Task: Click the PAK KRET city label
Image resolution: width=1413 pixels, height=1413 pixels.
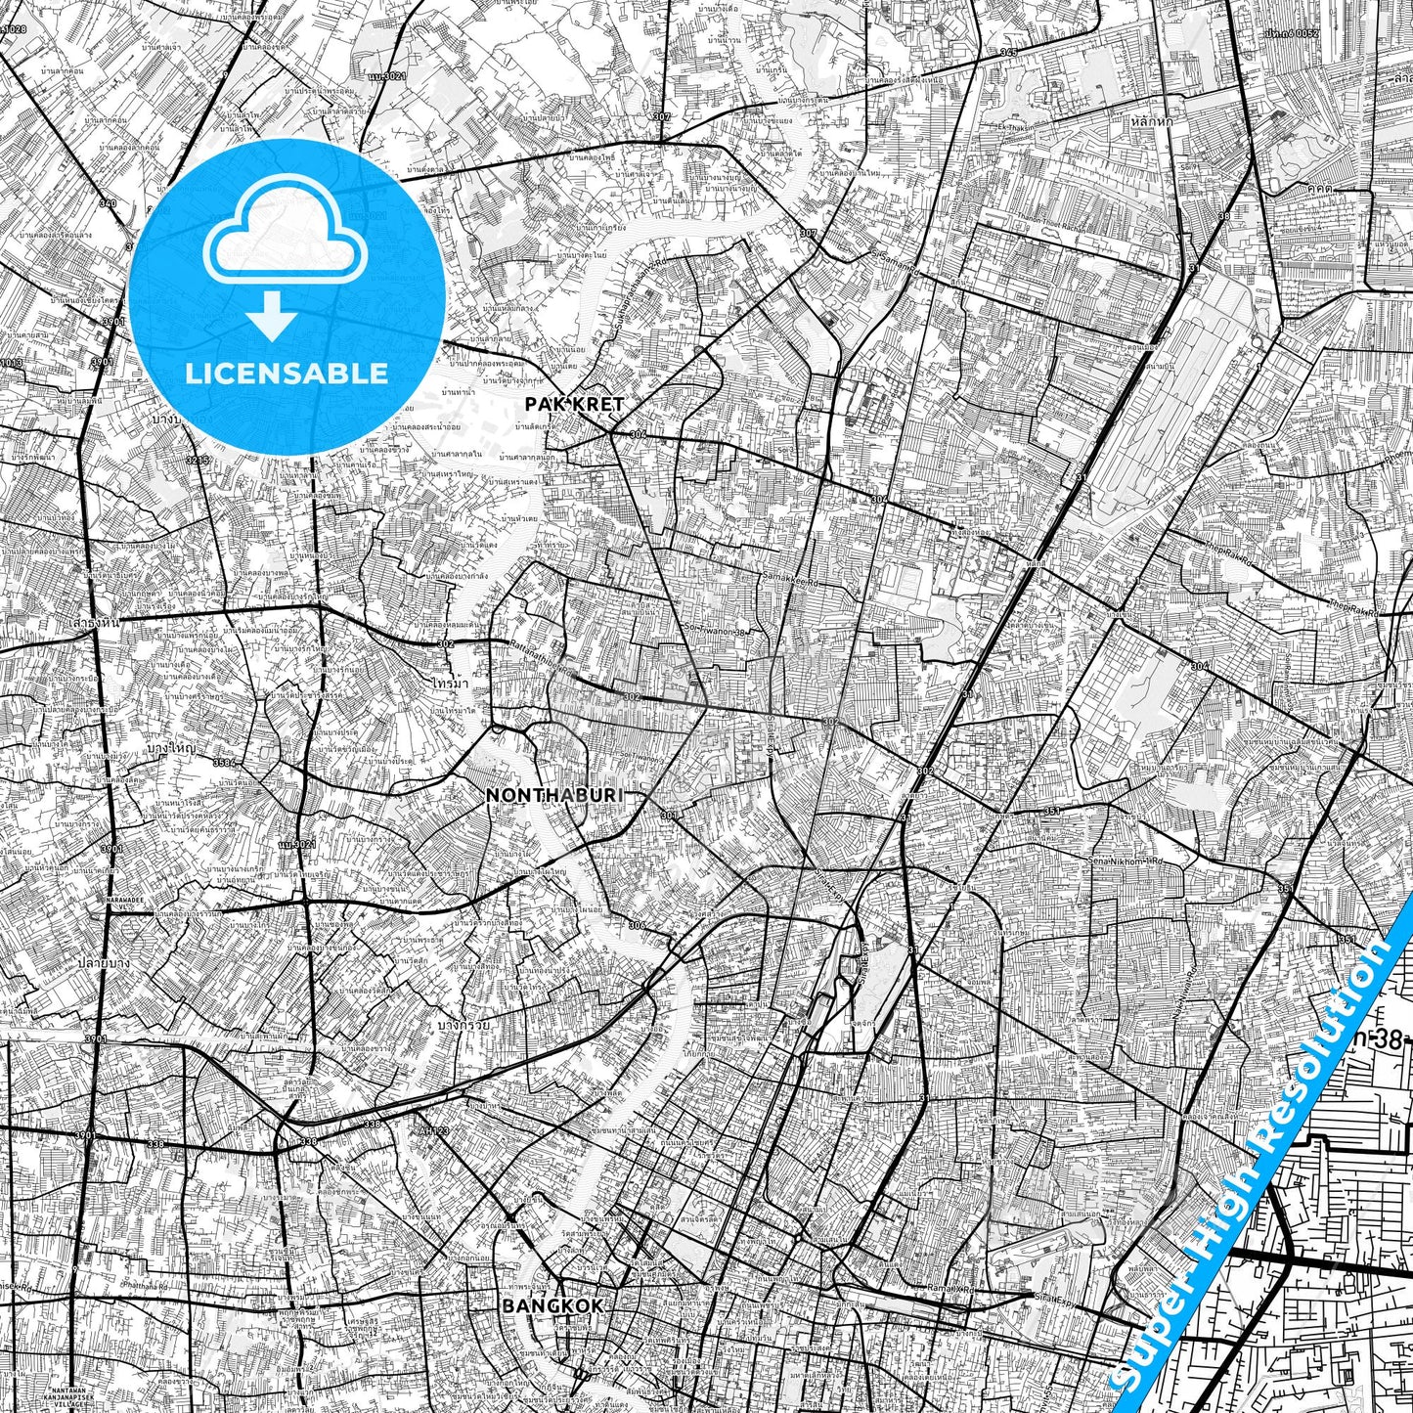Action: (x=574, y=403)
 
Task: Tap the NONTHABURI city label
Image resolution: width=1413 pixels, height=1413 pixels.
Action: (x=553, y=795)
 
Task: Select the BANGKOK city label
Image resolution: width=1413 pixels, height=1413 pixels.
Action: (x=552, y=1305)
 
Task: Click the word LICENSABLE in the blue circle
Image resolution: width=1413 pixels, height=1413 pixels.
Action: (x=287, y=374)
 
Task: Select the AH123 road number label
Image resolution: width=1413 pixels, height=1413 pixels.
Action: (x=433, y=1129)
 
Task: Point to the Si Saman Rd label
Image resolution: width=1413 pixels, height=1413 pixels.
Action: (x=895, y=261)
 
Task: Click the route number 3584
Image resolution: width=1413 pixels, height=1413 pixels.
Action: (x=225, y=761)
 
